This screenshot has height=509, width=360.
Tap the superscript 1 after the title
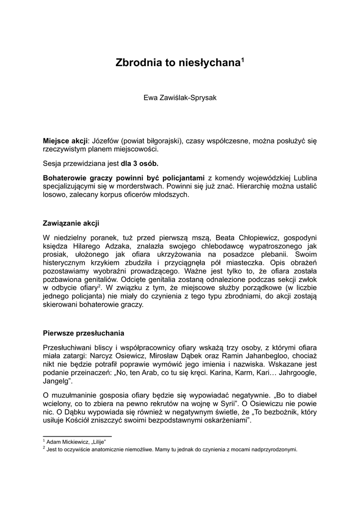[x=243, y=60]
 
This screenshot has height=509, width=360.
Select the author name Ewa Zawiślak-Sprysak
[x=180, y=98]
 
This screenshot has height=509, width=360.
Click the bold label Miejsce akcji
[x=65, y=141]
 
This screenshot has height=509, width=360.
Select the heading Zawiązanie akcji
[x=71, y=223]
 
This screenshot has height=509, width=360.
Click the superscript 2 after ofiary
[x=100, y=286]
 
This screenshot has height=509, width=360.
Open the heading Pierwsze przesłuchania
[x=84, y=333]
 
